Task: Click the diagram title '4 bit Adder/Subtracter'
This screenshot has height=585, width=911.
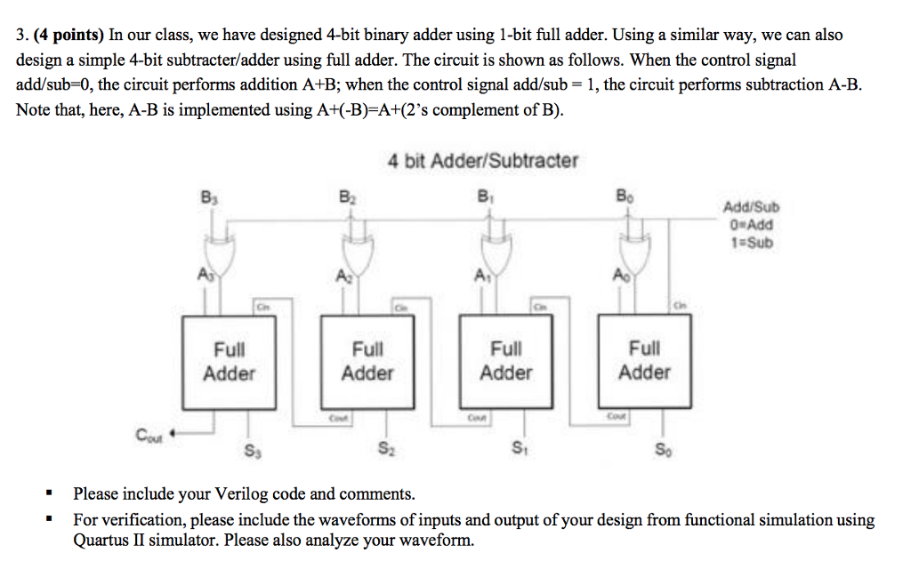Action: (x=482, y=161)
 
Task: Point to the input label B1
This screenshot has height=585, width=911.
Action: (x=483, y=196)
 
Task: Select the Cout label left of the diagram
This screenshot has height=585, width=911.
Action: (x=149, y=435)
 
